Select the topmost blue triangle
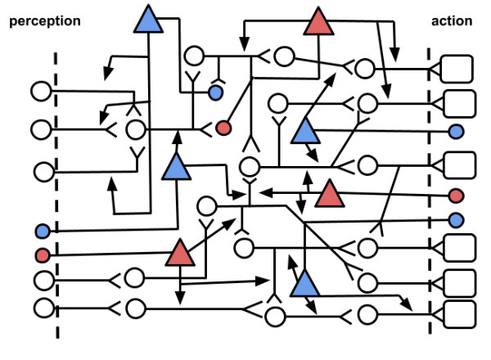148,20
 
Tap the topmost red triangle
319,22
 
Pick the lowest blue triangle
304,283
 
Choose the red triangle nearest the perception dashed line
181,253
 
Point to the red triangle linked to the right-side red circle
330,195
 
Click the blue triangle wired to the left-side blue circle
177,167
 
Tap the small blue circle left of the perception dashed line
43,232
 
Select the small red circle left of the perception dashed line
43,255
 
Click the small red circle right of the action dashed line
457,196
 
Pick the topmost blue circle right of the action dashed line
457,131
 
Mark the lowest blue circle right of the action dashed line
457,219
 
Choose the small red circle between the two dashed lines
223,128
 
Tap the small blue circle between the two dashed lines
215,93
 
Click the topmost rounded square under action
457,70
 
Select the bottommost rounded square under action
457,313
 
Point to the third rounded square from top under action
457,164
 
